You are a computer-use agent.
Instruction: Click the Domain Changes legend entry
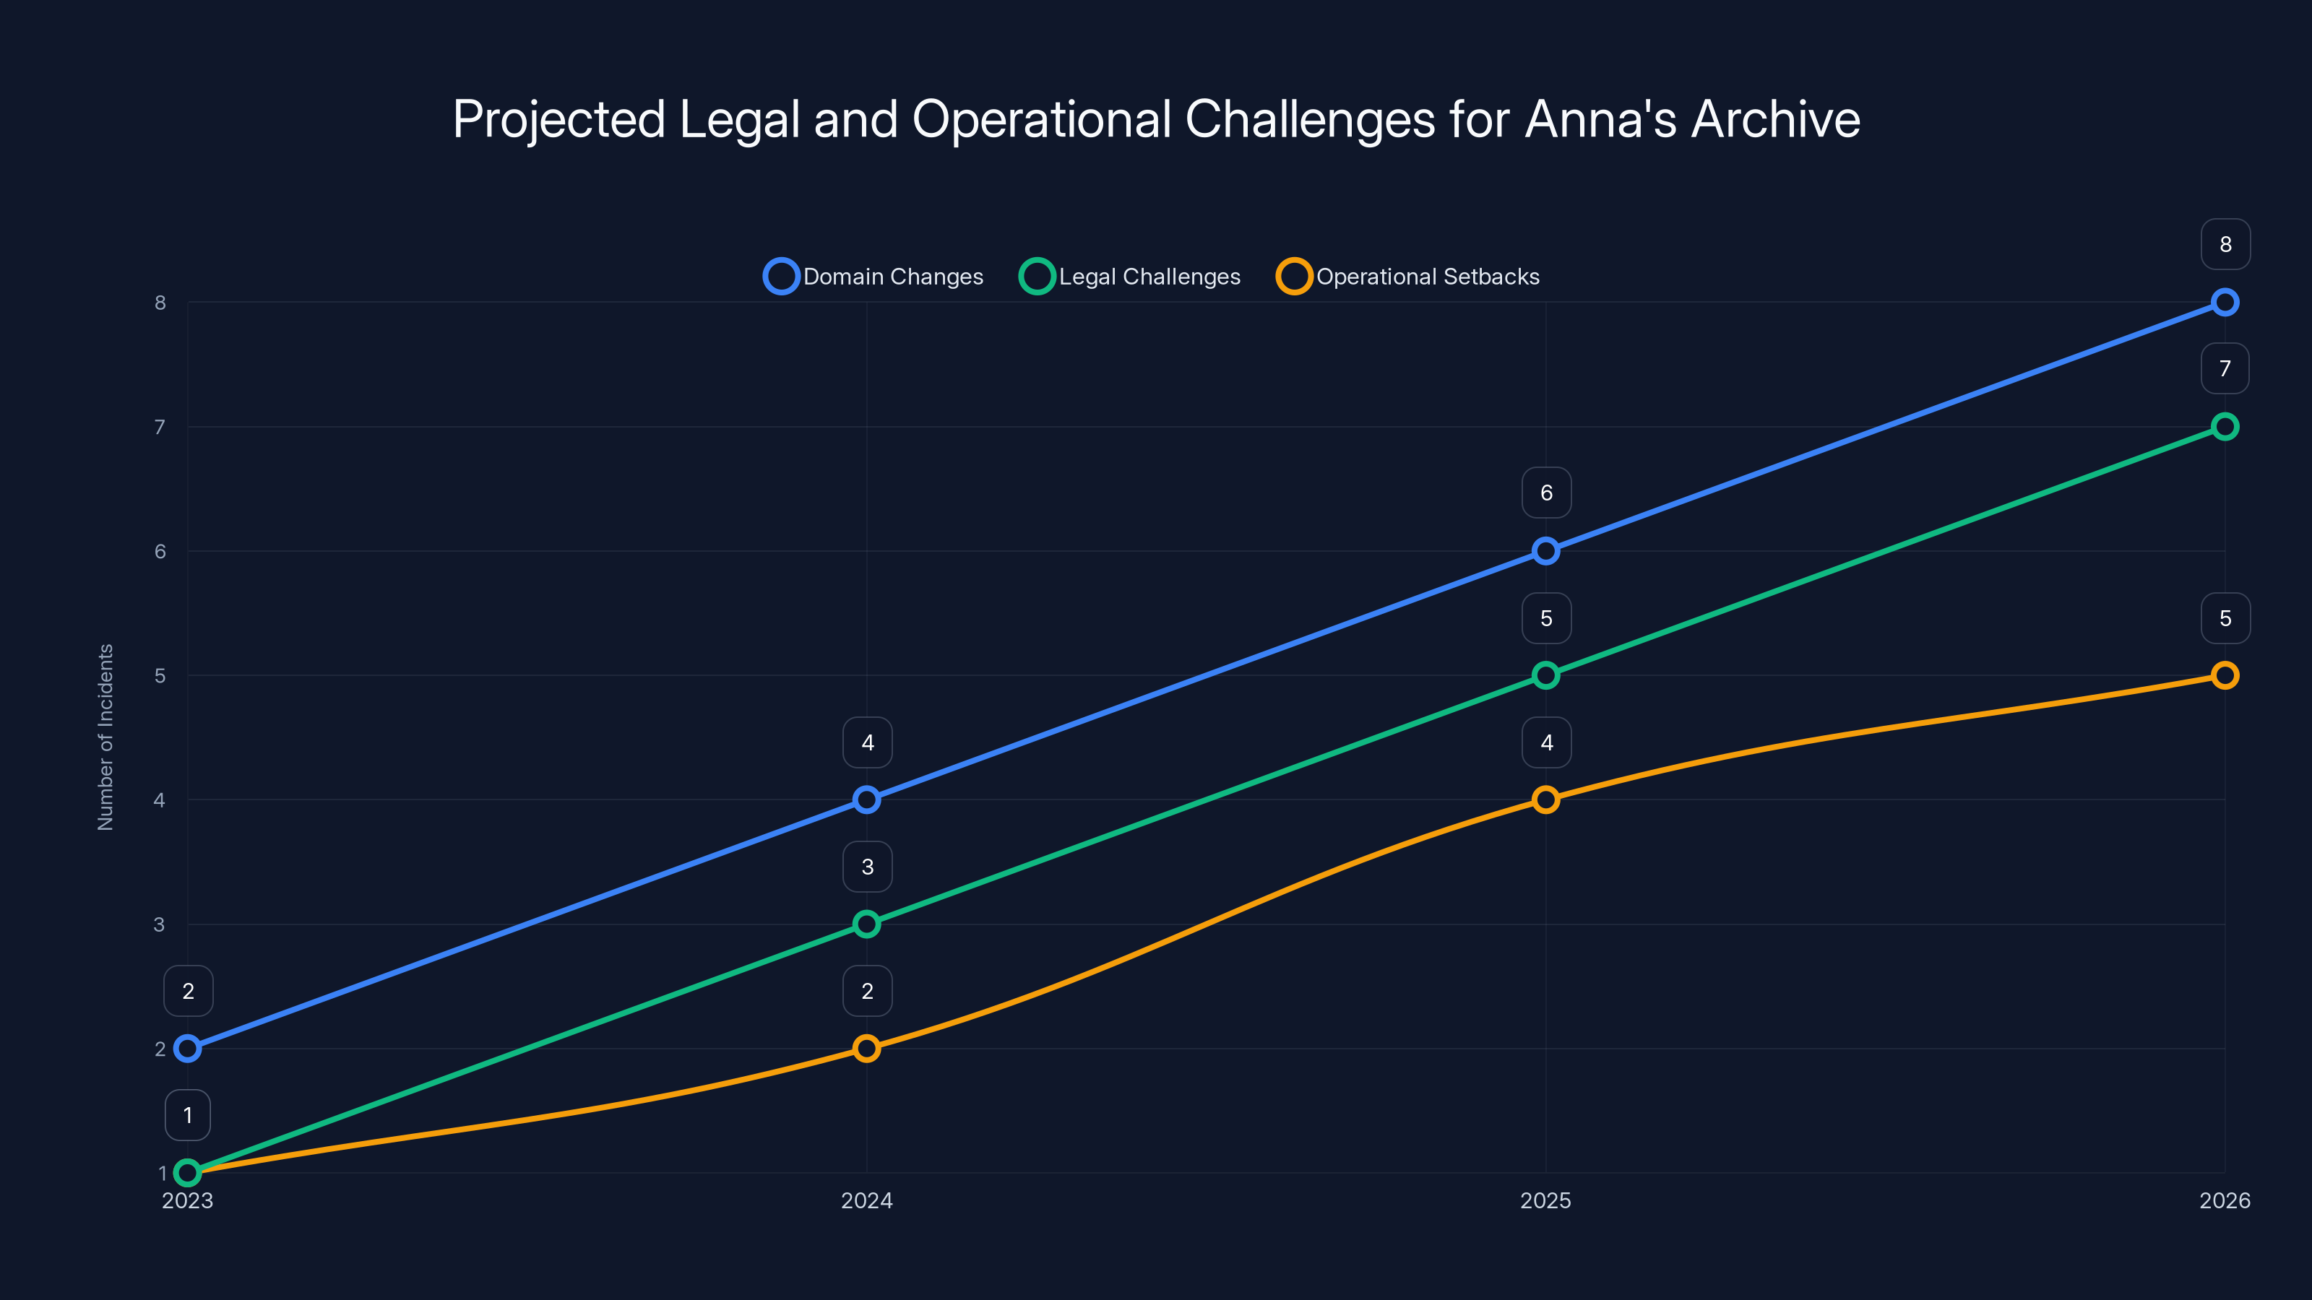click(874, 277)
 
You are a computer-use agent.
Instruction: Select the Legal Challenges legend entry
click(1130, 277)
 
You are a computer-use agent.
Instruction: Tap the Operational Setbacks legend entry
click(1408, 277)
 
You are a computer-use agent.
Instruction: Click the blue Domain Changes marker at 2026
click(2224, 303)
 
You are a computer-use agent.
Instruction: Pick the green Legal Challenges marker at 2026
click(2224, 426)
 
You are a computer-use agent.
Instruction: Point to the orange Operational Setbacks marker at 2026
click(2224, 675)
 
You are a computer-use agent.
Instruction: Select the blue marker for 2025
click(1545, 551)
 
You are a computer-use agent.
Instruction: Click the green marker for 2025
click(1545, 675)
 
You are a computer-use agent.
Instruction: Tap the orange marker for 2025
click(1545, 799)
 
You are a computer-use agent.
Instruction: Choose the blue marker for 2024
click(866, 799)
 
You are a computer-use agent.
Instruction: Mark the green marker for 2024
click(866, 924)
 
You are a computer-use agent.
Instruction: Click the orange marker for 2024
click(866, 1048)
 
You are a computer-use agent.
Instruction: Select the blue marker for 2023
click(188, 1048)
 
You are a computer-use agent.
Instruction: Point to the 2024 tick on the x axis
click(866, 1200)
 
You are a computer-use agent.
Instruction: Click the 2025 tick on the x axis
click(1545, 1200)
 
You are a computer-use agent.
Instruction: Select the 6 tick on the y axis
click(160, 551)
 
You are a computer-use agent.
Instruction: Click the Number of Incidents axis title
click(105, 737)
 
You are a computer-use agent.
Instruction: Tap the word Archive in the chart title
click(1775, 119)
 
